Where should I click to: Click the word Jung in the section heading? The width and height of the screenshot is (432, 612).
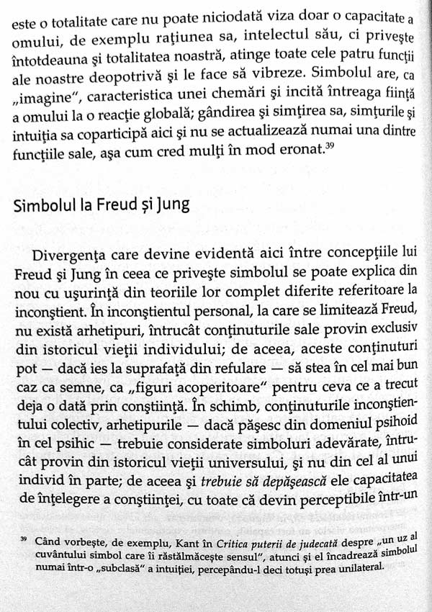(170, 205)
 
